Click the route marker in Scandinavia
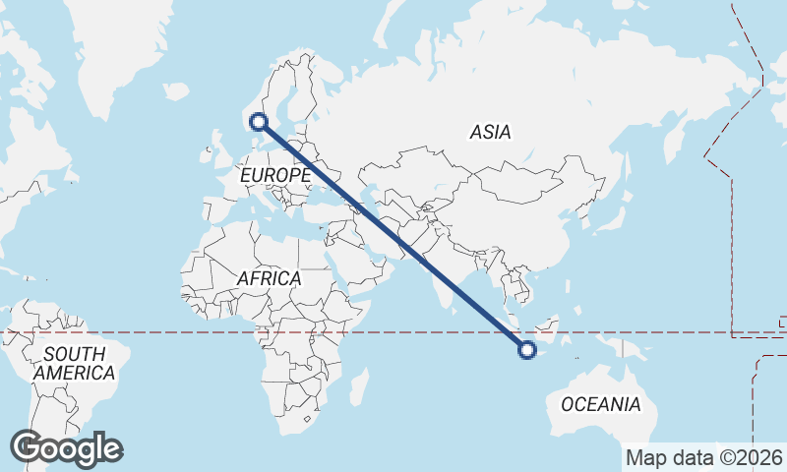coord(259,122)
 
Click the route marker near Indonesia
coord(527,349)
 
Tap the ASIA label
coord(490,132)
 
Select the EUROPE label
coord(275,175)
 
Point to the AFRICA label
coord(269,279)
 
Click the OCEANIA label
coord(600,404)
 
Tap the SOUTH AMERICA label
coord(74,364)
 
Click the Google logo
coord(66,448)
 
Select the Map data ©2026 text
coord(704,458)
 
